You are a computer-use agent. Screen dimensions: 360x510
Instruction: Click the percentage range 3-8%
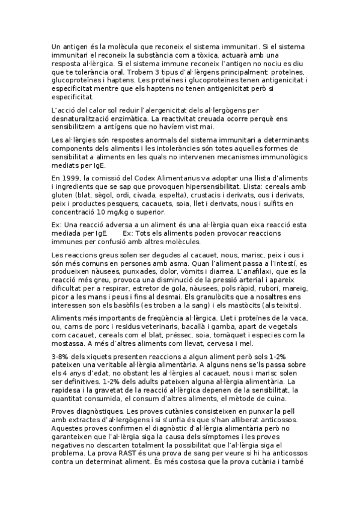click(62, 357)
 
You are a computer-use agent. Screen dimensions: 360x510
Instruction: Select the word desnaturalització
click(87, 118)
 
